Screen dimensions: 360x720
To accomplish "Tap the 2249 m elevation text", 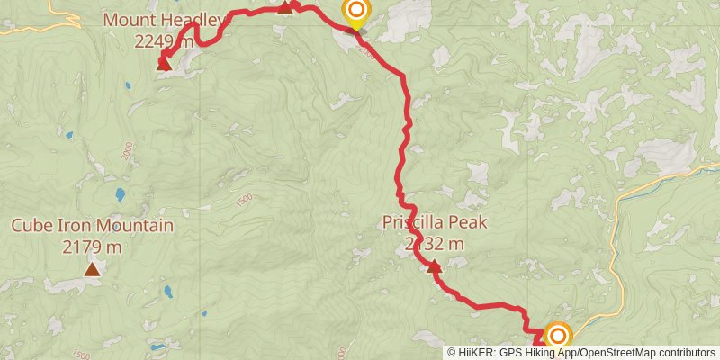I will coord(164,40).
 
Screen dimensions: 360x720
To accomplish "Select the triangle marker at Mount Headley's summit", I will coord(164,63).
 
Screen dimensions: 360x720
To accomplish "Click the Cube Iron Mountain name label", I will coord(92,225).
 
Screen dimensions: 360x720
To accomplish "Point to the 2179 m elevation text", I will coord(92,246).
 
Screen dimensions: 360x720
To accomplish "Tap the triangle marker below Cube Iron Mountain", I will coord(92,269).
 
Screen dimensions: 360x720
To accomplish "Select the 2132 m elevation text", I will coord(435,244).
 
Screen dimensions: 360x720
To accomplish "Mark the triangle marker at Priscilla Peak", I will coord(435,265).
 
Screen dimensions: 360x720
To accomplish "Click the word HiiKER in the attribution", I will coord(475,352).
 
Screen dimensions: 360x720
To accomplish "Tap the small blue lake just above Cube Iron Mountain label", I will coord(120,193).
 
